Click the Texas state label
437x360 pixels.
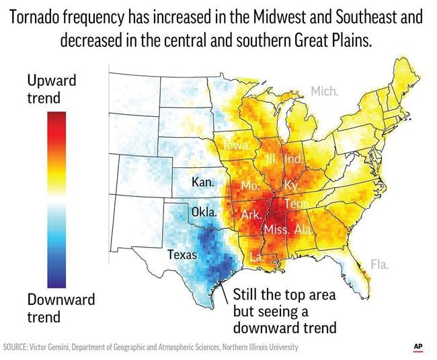(x=182, y=255)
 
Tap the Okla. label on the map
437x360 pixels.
(x=204, y=212)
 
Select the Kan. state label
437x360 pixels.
(x=202, y=183)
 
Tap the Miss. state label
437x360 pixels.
(x=276, y=230)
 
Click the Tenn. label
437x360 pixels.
(x=296, y=204)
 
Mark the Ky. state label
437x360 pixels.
(x=291, y=185)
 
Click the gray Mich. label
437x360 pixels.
(x=324, y=91)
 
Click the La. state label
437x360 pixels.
(x=256, y=256)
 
